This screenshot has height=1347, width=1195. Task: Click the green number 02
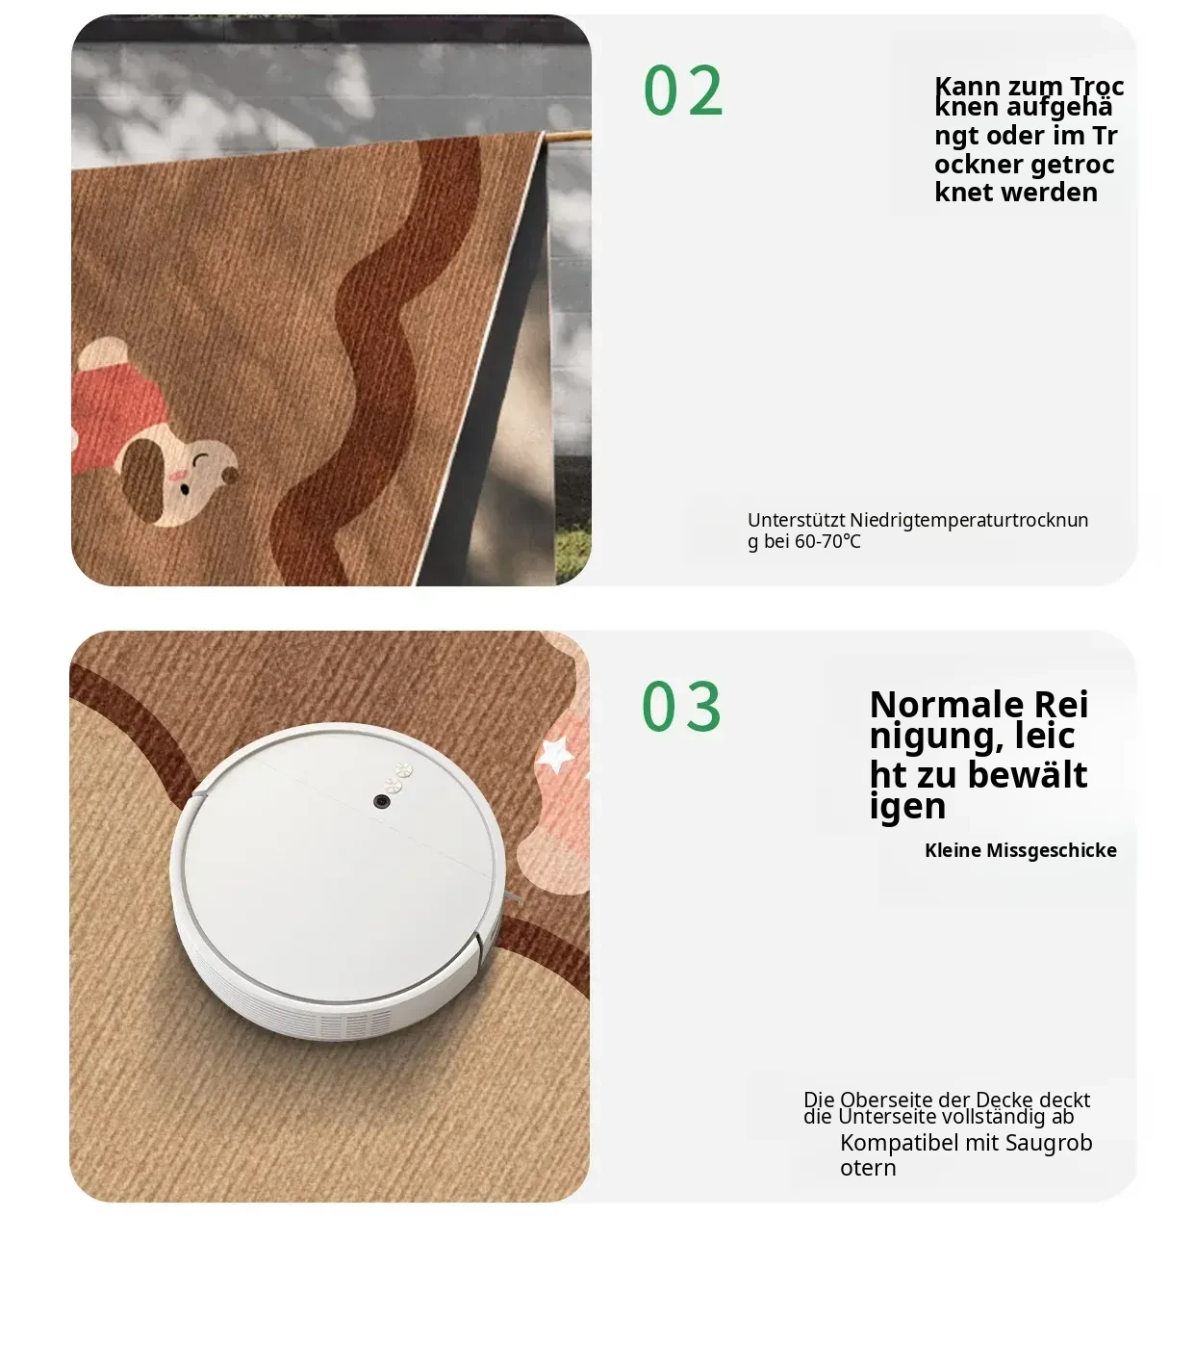click(682, 90)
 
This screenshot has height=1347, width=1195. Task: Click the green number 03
click(681, 706)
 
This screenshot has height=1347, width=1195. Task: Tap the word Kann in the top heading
click(967, 87)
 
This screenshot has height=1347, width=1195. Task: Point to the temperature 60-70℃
click(827, 541)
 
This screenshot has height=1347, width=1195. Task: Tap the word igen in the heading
click(907, 806)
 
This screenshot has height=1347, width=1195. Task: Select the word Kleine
click(953, 850)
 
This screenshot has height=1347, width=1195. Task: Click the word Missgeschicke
click(1052, 850)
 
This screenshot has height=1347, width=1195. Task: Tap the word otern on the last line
click(868, 1168)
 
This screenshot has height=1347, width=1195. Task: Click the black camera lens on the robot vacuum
click(382, 801)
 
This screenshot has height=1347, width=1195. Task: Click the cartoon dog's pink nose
click(177, 477)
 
